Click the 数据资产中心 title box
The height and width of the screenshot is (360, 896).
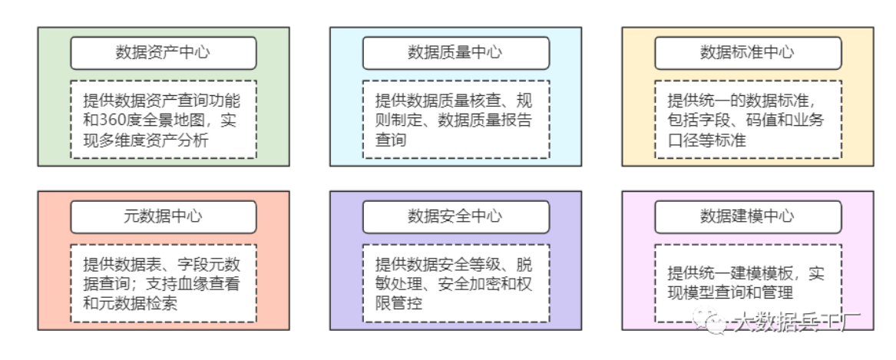click(164, 53)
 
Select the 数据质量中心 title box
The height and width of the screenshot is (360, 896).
click(455, 53)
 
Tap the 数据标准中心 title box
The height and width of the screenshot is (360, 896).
click(747, 53)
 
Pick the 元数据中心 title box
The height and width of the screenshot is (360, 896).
click(164, 216)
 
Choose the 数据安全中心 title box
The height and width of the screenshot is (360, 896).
click(455, 216)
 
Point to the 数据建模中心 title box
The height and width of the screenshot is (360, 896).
click(747, 216)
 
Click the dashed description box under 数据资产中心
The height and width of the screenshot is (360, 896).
click(164, 120)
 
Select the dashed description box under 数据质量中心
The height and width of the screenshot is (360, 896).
click(455, 120)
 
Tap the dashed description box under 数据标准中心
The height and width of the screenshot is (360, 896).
click(747, 120)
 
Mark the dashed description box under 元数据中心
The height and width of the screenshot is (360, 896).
click(164, 283)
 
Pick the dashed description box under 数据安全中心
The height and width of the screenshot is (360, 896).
click(455, 283)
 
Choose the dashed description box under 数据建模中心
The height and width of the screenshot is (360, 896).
click(747, 283)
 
